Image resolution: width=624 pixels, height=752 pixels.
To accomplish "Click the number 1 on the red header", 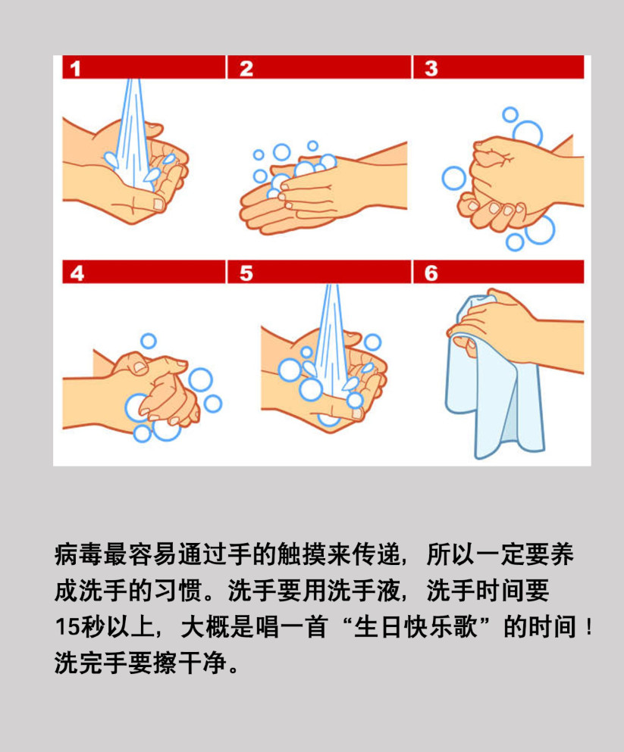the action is point(75,69).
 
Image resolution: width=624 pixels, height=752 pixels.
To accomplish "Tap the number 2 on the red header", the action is point(246,69).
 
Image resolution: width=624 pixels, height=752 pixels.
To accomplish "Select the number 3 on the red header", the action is point(431,68).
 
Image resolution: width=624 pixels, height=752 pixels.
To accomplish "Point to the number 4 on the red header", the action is point(77,273).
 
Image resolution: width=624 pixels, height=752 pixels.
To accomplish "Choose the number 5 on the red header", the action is point(246,273).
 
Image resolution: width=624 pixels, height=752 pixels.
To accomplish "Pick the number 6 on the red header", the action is point(431,273).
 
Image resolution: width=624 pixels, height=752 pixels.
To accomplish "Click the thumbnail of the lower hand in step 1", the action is point(158,204).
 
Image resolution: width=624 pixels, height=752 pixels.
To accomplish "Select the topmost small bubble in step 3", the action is point(510,114).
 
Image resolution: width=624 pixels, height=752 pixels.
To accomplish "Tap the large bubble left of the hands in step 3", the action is point(453,178).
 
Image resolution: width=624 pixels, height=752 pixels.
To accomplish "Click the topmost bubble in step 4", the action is point(149,341).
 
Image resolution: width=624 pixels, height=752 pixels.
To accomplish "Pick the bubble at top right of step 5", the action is point(372,342).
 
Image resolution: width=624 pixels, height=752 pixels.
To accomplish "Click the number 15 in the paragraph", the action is point(67,627).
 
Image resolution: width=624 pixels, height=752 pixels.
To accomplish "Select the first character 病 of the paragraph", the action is point(67,555).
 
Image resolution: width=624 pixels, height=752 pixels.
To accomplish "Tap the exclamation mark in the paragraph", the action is point(589,627).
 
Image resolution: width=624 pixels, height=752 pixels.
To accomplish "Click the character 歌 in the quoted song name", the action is point(465,627).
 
